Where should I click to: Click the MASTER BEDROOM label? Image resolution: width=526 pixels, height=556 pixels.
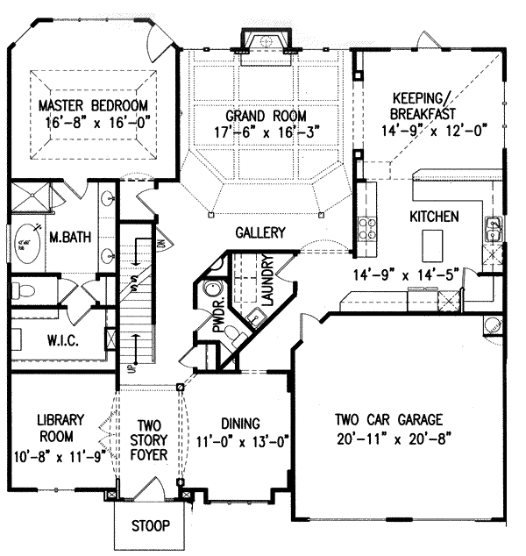[x=90, y=106]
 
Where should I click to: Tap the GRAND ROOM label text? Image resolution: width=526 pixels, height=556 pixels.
[x=266, y=115]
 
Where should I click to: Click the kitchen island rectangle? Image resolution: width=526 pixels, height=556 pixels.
[x=432, y=240]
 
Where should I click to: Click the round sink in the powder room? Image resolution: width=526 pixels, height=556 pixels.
[x=210, y=290]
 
